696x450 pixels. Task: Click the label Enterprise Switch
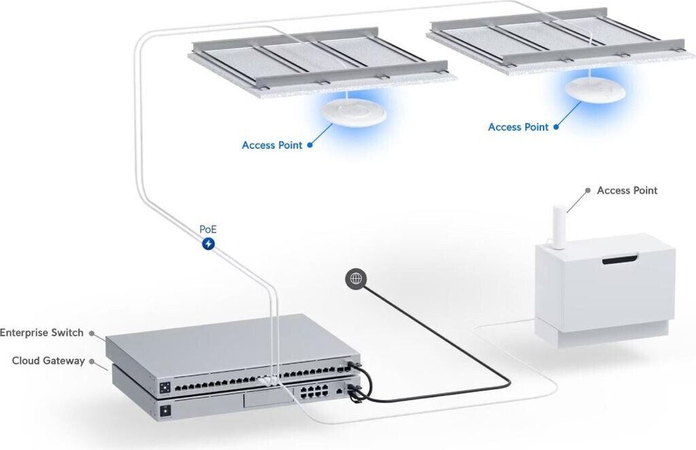pyautogui.click(x=41, y=333)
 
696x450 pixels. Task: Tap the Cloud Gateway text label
pyautogui.click(x=48, y=361)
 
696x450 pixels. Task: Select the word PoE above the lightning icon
pyautogui.click(x=208, y=228)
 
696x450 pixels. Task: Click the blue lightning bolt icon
pyautogui.click(x=209, y=243)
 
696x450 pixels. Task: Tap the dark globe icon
pyautogui.click(x=355, y=278)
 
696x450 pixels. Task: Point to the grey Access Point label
pyautogui.click(x=627, y=190)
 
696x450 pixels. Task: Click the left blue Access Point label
pyautogui.click(x=272, y=145)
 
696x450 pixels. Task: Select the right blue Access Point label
pyautogui.click(x=518, y=127)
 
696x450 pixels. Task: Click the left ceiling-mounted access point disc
pyautogui.click(x=353, y=113)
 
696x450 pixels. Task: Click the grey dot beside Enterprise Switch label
pyautogui.click(x=91, y=334)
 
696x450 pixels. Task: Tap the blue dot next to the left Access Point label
pyautogui.click(x=310, y=145)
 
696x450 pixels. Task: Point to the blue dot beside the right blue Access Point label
pyautogui.click(x=555, y=127)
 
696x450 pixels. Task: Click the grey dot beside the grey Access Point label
pyautogui.click(x=589, y=192)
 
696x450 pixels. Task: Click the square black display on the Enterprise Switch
pyautogui.click(x=164, y=389)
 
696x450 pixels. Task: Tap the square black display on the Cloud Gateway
pyautogui.click(x=164, y=411)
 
